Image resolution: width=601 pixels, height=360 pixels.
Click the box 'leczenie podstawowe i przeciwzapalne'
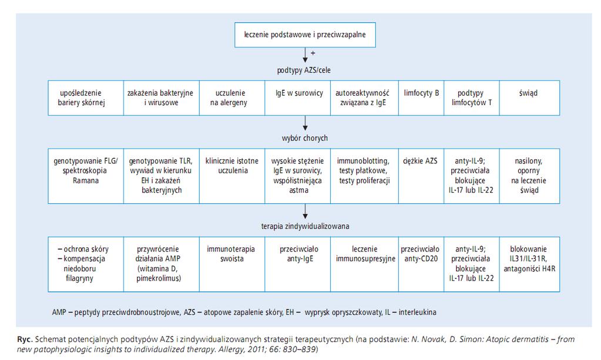[x=305, y=35]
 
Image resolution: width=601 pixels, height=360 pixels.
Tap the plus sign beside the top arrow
[x=313, y=53]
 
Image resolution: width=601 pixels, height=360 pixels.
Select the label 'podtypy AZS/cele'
[x=304, y=70]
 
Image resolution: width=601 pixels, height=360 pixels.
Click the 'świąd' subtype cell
[x=529, y=98]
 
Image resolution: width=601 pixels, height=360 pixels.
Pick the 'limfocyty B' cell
[x=421, y=98]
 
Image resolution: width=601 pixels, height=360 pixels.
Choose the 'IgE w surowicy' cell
[x=297, y=98]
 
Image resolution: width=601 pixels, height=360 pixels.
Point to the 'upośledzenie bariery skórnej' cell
[x=86, y=98]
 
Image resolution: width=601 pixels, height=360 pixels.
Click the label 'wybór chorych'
[x=305, y=138]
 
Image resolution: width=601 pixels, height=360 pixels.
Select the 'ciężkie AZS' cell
[x=421, y=176]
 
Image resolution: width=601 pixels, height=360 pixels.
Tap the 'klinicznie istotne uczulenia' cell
[x=232, y=176]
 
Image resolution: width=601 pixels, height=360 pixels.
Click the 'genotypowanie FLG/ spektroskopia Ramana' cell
[x=86, y=176]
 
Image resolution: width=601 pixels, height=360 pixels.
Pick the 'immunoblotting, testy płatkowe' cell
[x=364, y=176]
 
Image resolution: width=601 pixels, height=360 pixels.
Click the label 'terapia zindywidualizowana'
[x=305, y=226]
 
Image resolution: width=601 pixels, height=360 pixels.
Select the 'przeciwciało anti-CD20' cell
[x=421, y=264]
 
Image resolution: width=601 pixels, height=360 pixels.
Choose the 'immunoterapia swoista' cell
[x=232, y=264]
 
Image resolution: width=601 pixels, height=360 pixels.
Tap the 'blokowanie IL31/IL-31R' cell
[x=529, y=264]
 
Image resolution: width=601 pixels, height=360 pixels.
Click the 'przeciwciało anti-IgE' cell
[x=297, y=264]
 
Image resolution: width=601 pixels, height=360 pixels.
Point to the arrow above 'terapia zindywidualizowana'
[x=305, y=211]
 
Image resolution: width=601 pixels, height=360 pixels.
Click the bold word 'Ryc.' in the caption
[x=25, y=339]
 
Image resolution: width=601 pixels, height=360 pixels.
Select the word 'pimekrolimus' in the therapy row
[x=158, y=278]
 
